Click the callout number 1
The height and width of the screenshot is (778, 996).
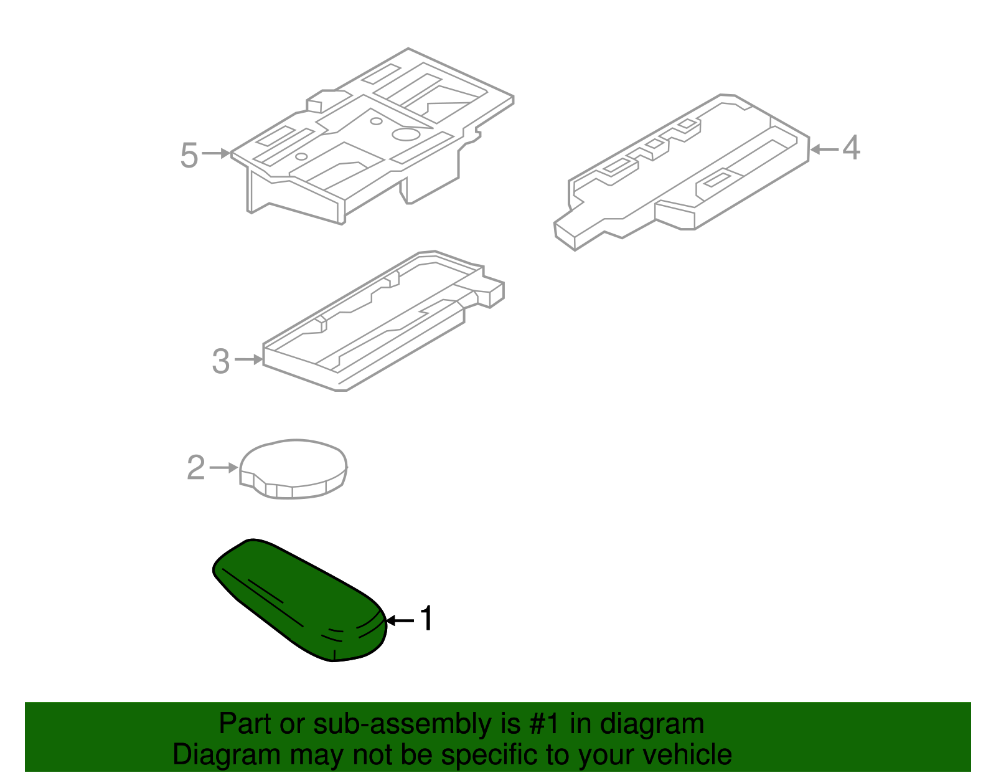click(x=426, y=619)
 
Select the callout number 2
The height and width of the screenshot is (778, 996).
click(x=196, y=468)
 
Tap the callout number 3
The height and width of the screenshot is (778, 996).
click(x=221, y=361)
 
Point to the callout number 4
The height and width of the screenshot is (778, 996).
click(x=851, y=148)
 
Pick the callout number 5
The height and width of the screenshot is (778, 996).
click(x=189, y=155)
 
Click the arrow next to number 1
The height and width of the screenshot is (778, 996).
click(x=400, y=620)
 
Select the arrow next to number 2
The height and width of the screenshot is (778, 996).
click(x=223, y=467)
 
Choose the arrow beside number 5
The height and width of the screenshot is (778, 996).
click(x=216, y=153)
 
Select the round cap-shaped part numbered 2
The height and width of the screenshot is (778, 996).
click(x=293, y=467)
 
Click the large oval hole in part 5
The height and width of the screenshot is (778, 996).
click(x=406, y=133)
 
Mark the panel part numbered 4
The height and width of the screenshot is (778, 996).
click(x=685, y=174)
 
